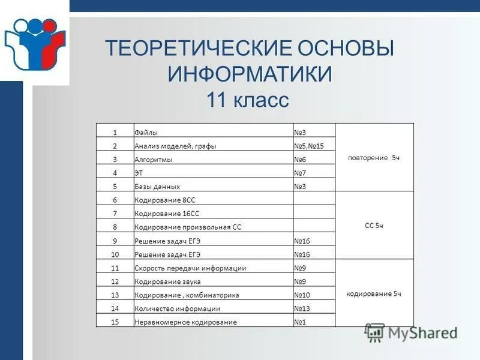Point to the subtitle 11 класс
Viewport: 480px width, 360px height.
tap(248, 100)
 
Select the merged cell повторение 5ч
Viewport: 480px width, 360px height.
tap(374, 157)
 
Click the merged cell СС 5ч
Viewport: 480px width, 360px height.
tap(374, 226)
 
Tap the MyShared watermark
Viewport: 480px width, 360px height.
tap(412, 334)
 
